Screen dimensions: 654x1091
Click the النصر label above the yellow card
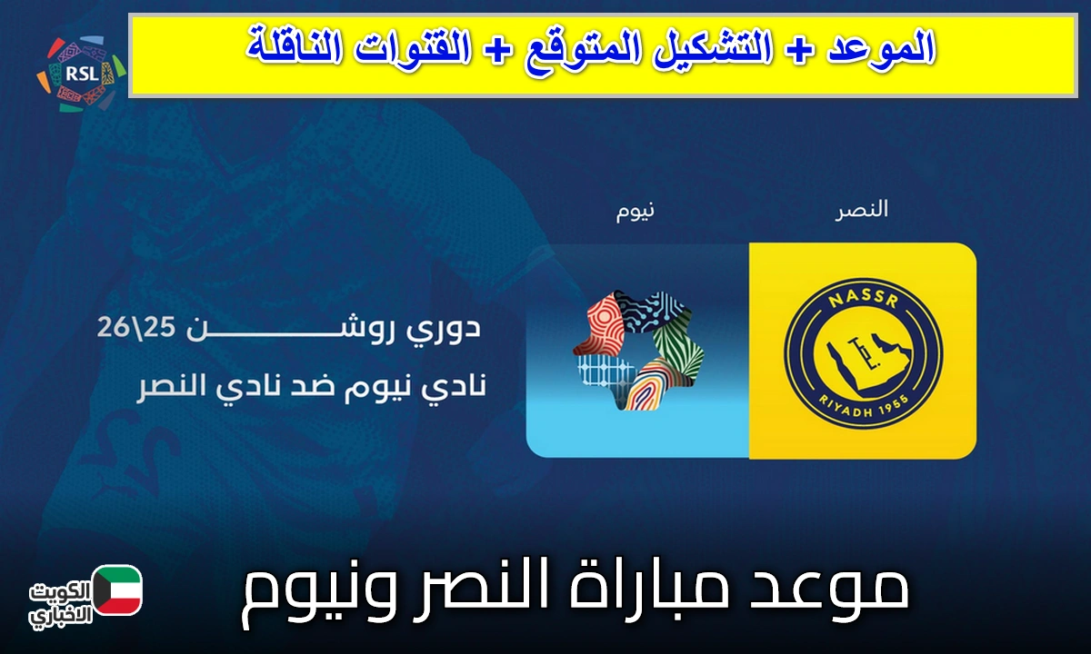click(861, 211)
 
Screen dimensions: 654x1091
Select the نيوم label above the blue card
click(635, 211)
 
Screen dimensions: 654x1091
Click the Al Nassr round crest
click(862, 350)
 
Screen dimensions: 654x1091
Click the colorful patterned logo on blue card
click(635, 350)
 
